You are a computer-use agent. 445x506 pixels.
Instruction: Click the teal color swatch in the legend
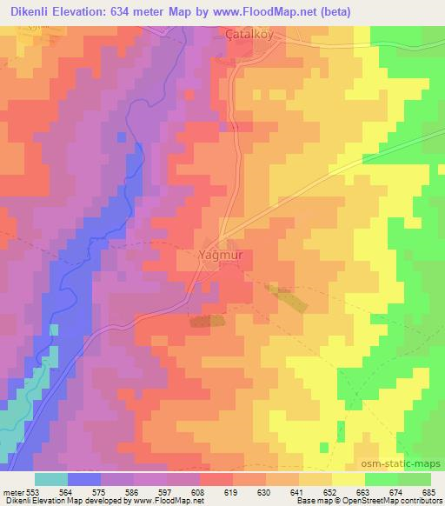51,479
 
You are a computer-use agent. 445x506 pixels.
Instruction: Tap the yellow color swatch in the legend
349,479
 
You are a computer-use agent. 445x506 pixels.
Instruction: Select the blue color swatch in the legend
84,479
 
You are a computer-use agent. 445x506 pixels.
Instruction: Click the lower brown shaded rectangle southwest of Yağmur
207,320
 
